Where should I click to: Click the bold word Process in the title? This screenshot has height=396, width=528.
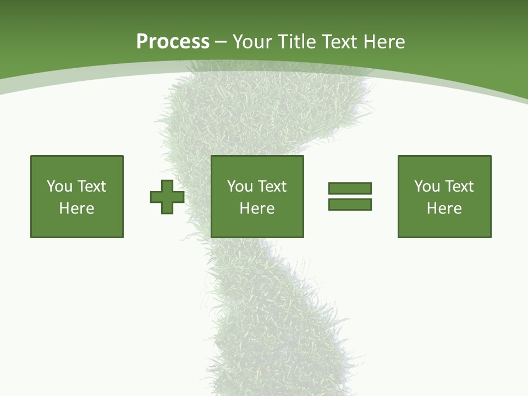tap(173, 42)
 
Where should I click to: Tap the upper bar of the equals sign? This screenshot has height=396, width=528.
tap(350, 188)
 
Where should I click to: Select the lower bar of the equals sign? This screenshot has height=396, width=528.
tap(350, 204)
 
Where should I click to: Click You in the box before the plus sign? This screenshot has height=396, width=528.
tap(59, 186)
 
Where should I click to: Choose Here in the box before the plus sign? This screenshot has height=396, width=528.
tap(77, 208)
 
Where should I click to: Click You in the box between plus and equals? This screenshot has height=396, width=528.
tap(240, 186)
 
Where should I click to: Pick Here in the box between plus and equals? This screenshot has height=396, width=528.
tap(257, 208)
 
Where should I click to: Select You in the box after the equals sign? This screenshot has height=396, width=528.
tap(427, 186)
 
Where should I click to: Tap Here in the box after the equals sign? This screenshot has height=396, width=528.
tap(444, 208)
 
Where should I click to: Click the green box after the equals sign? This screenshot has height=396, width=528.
tap(444, 226)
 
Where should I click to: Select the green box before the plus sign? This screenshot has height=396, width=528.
tap(77, 226)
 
